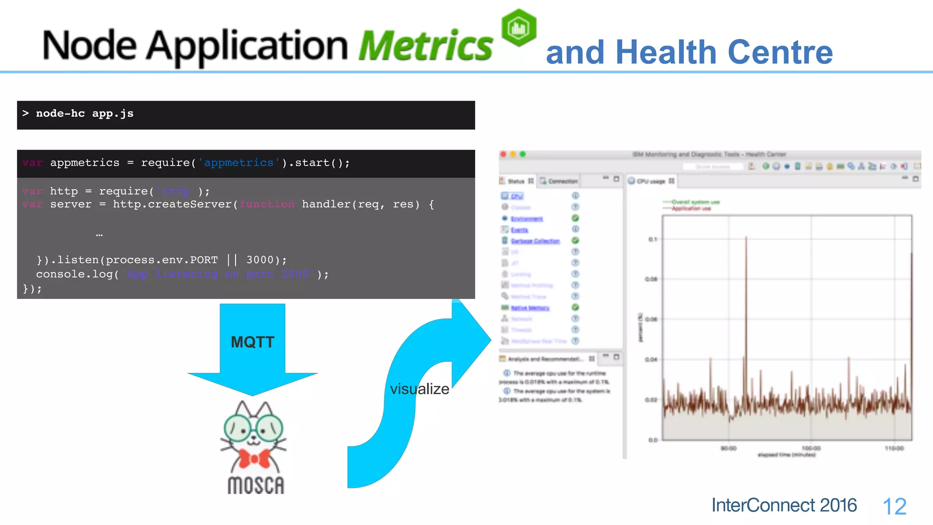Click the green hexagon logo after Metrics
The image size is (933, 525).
point(518,28)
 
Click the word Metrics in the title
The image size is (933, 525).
point(425,46)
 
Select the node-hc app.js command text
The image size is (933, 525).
point(85,113)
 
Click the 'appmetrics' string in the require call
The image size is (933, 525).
point(239,163)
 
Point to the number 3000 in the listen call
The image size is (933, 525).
point(260,260)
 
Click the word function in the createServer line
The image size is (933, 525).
point(267,204)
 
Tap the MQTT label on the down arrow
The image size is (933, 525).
point(252,342)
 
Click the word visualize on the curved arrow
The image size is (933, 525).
point(419,389)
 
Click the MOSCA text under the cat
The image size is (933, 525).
point(256,486)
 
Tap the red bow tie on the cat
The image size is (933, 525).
point(254,458)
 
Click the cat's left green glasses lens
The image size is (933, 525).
point(238,427)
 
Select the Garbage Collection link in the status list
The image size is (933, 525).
point(535,241)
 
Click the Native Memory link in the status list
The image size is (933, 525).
point(530,308)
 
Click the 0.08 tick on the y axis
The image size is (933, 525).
point(651,279)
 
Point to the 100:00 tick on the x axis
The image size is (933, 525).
point(811,448)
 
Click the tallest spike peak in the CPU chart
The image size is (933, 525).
point(746,237)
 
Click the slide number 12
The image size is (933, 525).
point(894,506)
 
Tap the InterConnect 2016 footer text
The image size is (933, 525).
point(784,505)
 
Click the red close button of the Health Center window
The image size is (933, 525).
point(503,154)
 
